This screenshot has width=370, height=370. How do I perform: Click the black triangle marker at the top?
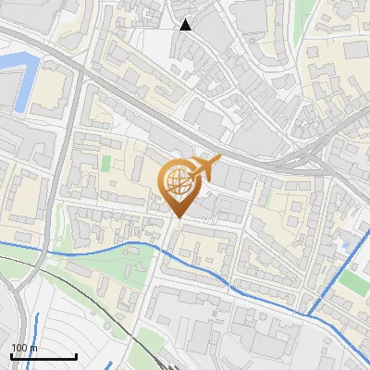186,25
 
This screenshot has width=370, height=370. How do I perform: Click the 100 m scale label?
24,348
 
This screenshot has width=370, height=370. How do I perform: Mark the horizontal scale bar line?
43,356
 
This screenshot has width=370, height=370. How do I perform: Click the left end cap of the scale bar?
11,356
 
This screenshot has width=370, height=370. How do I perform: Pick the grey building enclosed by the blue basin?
7,89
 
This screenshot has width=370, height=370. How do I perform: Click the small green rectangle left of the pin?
105,164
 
